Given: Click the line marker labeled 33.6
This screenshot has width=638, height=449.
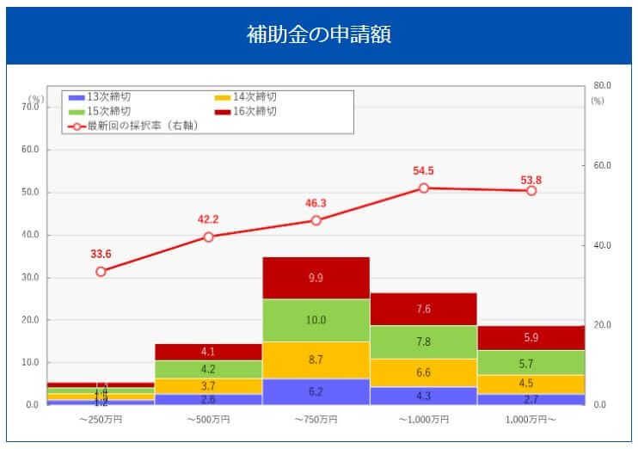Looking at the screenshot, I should pyautogui.click(x=101, y=272).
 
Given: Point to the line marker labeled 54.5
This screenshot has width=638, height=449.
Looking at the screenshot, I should pyautogui.click(x=424, y=188).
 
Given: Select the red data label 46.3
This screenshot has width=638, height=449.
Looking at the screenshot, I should pyautogui.click(x=316, y=203).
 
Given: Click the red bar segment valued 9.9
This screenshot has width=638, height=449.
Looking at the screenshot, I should pyautogui.click(x=316, y=278).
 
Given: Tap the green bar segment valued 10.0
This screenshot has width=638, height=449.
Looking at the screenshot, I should pyautogui.click(x=316, y=320).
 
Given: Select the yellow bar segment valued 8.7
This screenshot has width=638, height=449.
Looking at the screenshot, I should pyautogui.click(x=316, y=360).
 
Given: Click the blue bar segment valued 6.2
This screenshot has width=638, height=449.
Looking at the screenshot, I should pyautogui.click(x=316, y=391).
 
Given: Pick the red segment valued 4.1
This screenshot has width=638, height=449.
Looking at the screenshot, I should pyautogui.click(x=208, y=352).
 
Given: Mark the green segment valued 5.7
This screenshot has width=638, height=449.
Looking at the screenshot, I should pyautogui.click(x=531, y=362).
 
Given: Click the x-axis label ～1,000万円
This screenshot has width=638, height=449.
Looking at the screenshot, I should pyautogui.click(x=424, y=420).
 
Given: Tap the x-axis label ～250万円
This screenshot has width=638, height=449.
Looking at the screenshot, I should pyautogui.click(x=101, y=420).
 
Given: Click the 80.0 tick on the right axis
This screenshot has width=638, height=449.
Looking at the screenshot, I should pyautogui.click(x=601, y=86).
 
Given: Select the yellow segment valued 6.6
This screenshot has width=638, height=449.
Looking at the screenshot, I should pyautogui.click(x=424, y=372).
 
